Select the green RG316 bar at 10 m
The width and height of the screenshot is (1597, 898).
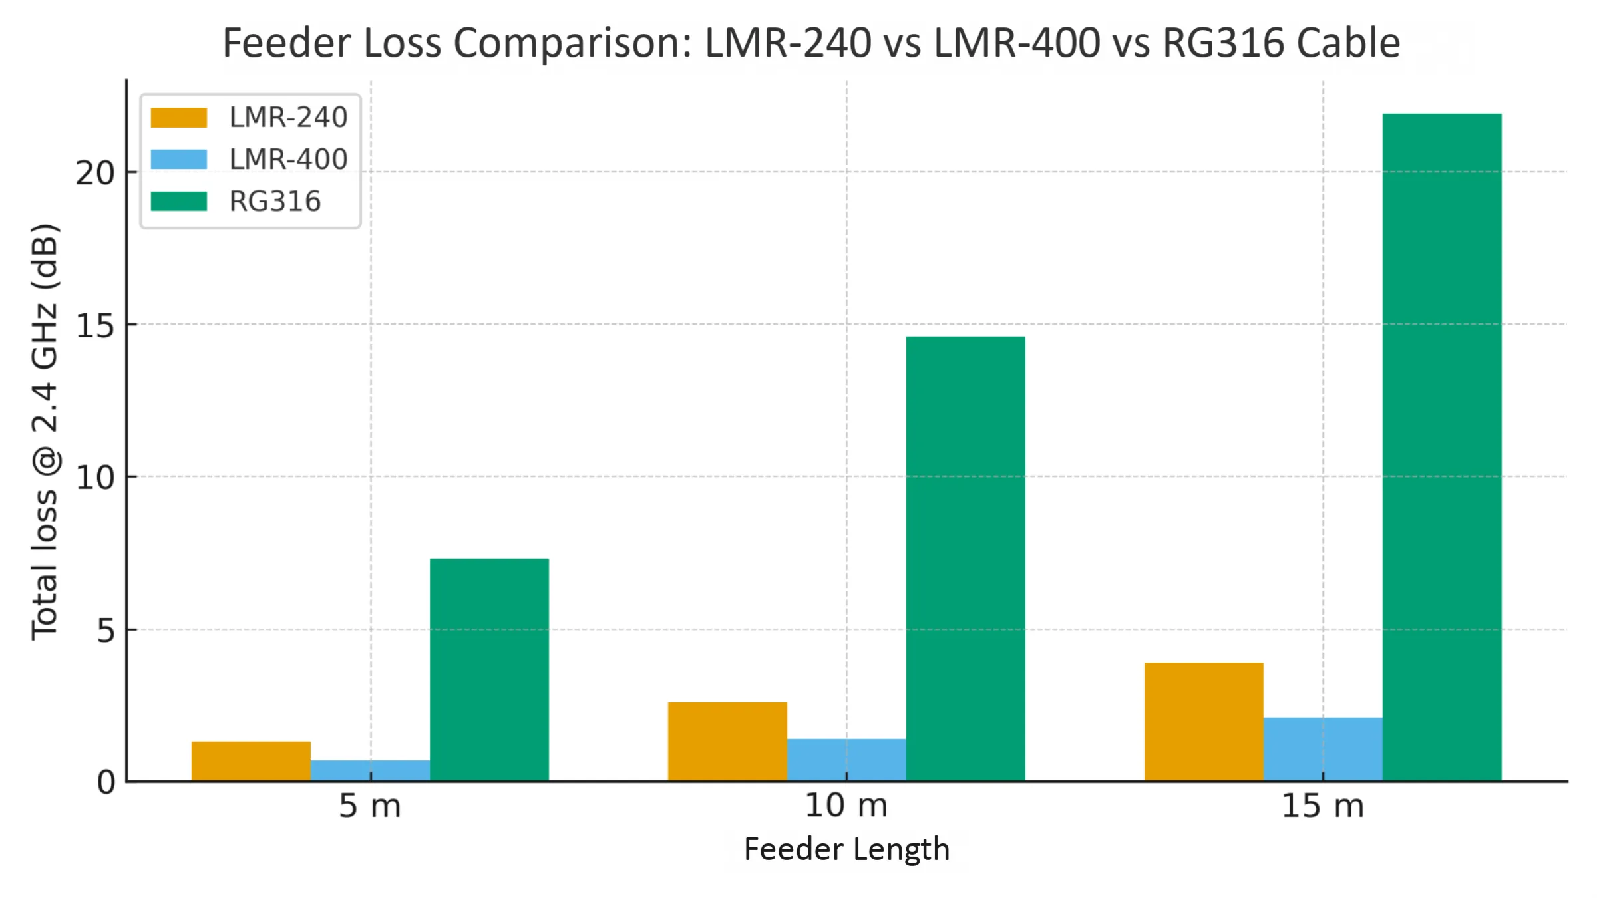pos(965,559)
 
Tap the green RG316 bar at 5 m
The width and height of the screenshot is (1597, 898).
pos(489,669)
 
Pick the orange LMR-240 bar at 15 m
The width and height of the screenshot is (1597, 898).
pos(1203,722)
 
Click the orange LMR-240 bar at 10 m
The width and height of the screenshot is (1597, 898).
pos(727,741)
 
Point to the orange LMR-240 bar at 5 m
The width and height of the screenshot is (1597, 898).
pos(251,761)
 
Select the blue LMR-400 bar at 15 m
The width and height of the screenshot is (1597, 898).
pos(1322,749)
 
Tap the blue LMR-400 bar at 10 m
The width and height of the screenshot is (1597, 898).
pos(846,760)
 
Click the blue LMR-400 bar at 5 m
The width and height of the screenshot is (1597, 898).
pos(370,770)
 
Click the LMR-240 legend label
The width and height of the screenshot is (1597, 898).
pos(288,118)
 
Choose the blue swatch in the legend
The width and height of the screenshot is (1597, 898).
pos(178,160)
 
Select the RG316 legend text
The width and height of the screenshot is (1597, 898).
pos(275,202)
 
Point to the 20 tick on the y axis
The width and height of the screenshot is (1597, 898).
pos(95,174)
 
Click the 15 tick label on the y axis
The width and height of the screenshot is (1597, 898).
pos(95,326)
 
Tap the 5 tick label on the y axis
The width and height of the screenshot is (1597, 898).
pos(106,631)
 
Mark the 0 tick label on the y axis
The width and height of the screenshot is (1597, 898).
pos(106,783)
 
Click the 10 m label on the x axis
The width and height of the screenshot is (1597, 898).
pos(846,806)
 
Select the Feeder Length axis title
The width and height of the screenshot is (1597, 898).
pos(846,849)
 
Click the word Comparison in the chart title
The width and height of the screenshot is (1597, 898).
pos(572,44)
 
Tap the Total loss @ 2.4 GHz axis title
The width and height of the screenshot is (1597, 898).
pos(45,432)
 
